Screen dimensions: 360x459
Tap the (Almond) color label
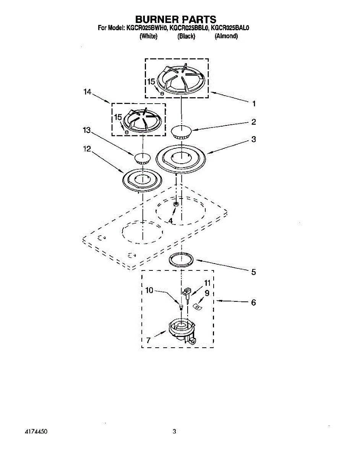point(226,36)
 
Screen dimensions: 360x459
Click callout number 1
point(254,104)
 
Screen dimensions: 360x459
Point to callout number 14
point(88,92)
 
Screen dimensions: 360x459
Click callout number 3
point(254,139)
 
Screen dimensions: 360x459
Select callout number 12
point(87,149)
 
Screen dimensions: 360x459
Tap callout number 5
point(253,272)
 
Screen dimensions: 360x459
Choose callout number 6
point(253,303)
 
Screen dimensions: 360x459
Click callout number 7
point(149,340)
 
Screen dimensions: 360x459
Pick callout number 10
point(149,290)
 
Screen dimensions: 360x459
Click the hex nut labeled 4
point(176,204)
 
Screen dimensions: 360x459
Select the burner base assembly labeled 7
point(182,333)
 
